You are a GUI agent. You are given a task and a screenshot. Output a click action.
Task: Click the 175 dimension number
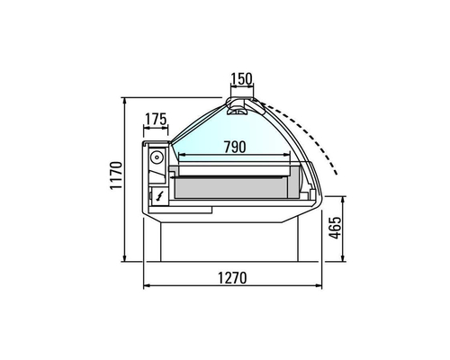coord(157,120)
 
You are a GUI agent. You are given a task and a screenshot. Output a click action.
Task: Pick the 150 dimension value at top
coord(240,79)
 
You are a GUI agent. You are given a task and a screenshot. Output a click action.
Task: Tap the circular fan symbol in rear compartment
coord(157,157)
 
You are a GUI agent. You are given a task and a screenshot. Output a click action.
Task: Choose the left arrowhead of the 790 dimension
coord(180,155)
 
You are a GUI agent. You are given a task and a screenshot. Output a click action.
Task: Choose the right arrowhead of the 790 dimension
coord(290,155)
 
